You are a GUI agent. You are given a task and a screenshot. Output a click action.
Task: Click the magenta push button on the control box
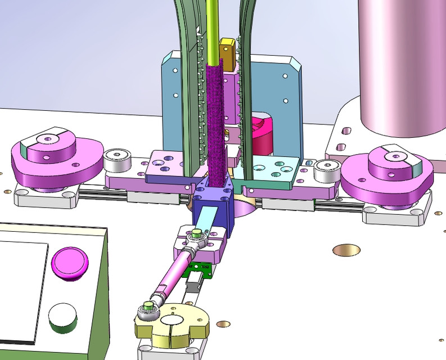click(x=70, y=262)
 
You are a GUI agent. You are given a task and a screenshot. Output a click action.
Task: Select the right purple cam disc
click(x=388, y=169)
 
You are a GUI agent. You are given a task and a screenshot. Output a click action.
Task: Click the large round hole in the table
click(x=346, y=249)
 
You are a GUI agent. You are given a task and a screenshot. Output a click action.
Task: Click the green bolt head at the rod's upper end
click(x=196, y=233)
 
